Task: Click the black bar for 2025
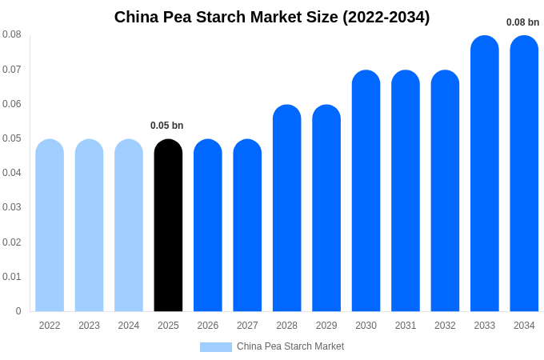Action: pos(168,226)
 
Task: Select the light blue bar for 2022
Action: pos(50,226)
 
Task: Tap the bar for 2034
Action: pos(524,174)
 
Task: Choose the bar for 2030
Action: pos(366,191)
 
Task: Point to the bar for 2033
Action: pos(485,174)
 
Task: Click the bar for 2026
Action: pos(208,226)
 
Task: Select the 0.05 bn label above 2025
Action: pos(167,126)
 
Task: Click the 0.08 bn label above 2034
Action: pos(522,22)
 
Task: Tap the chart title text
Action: pos(272,17)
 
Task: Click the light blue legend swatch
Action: pos(216,347)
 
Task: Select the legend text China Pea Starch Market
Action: pos(290,346)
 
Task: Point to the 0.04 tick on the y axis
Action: pos(12,173)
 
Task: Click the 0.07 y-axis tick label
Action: pos(12,70)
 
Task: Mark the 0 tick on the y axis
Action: pos(18,311)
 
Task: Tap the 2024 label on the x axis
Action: pos(129,326)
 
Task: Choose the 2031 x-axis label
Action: pos(406,326)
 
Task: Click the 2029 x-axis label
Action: pos(326,326)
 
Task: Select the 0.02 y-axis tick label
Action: pos(12,242)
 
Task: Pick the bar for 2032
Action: pos(445,191)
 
